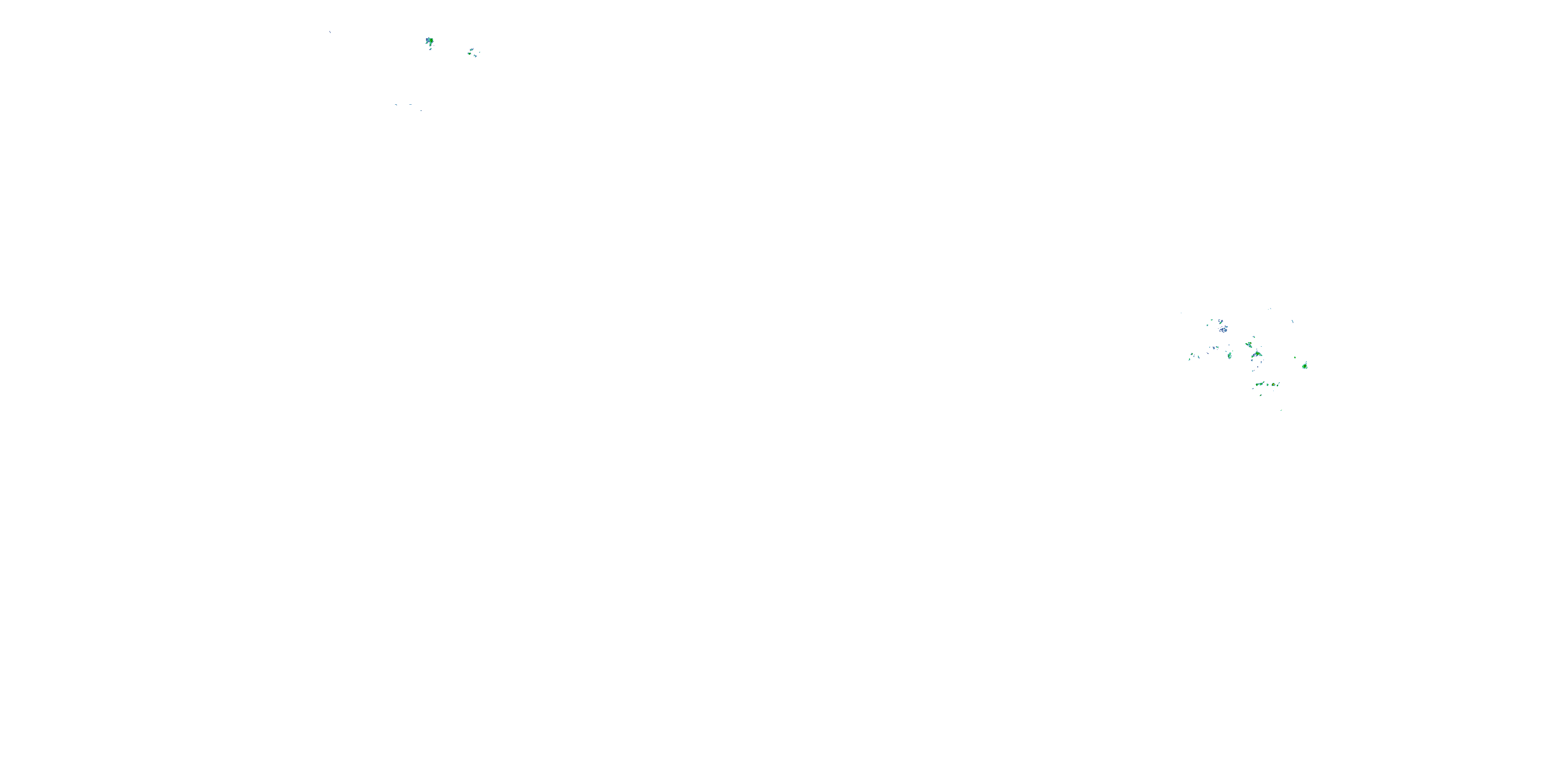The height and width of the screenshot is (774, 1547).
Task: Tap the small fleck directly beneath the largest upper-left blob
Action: click(x=431, y=49)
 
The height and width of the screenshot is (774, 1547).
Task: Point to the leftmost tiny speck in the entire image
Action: click(x=330, y=31)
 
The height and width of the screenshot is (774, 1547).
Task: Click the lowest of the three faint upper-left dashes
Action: click(x=421, y=111)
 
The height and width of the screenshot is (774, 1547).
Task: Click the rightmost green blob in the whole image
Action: click(x=1305, y=366)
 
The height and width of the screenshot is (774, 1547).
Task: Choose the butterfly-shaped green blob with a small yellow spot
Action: click(x=1249, y=344)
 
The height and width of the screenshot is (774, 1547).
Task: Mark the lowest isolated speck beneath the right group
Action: click(x=1281, y=410)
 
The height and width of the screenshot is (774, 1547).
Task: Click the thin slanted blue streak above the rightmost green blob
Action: click(x=1292, y=321)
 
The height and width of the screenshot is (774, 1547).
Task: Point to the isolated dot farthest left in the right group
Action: click(x=1181, y=313)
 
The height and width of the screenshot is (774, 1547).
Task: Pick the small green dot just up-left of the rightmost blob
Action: click(x=1295, y=358)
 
